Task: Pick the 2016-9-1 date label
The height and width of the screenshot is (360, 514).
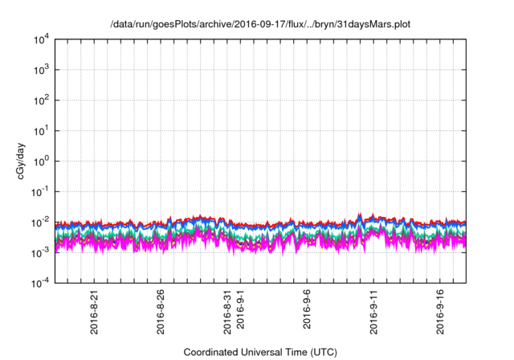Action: (240, 314)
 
